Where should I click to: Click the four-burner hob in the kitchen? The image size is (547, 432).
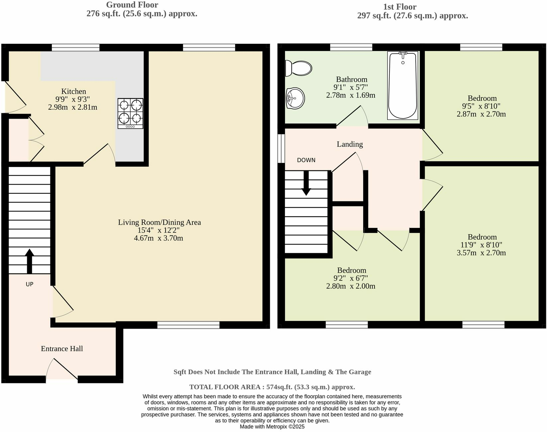pos(130,113)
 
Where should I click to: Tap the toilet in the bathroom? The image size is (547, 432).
pos(299,68)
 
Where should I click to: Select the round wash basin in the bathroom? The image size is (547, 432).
pos(295,98)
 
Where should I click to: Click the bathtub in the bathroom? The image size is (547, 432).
pos(403,85)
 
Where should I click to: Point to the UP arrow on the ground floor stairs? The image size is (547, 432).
pos(30,260)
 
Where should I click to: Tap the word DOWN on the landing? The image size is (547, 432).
pos(306,160)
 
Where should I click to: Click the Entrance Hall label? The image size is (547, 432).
pos(62,349)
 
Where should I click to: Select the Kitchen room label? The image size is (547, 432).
pos(74,91)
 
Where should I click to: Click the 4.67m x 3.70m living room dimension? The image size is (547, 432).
pos(159,238)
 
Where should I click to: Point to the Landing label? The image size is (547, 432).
pos(350,144)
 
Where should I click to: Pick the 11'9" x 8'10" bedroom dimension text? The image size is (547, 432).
pos(482,245)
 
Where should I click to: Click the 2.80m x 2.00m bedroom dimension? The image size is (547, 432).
pos(351,286)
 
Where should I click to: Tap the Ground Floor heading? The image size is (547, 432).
pos(132,5)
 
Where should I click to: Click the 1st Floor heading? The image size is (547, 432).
pos(399,7)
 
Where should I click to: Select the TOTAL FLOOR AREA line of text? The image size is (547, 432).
pos(272,387)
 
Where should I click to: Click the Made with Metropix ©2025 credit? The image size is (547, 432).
pos(272,427)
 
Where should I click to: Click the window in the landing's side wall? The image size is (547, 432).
pos(281,148)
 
